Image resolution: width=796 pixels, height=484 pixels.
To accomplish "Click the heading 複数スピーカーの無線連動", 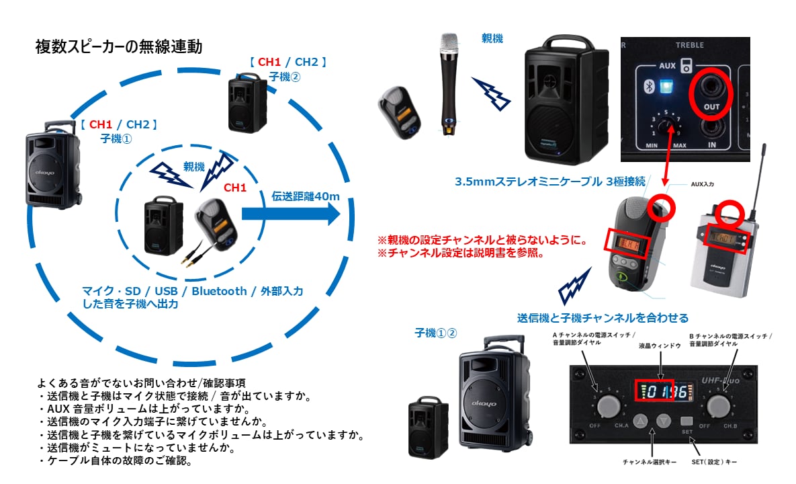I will [x=118, y=47].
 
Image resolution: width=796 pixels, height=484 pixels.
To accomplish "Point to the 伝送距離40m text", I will [x=306, y=196].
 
